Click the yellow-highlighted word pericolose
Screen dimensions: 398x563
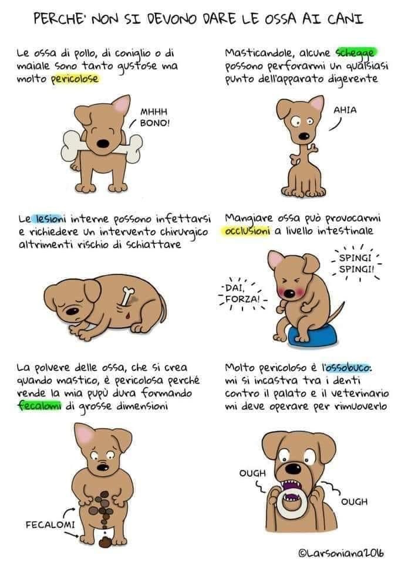pos(75,79)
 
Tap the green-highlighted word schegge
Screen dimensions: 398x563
pos(355,53)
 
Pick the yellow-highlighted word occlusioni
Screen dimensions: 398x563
pos(247,231)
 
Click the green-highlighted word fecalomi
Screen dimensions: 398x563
pos(39,406)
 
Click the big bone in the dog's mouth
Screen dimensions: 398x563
pos(103,147)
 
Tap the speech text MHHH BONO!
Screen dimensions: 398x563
pos(154,117)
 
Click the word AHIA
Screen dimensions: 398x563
pos(345,110)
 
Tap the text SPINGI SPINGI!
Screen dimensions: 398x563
pos(356,263)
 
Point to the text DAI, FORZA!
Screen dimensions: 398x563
pos(242,293)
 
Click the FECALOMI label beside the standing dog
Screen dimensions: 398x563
pos(50,524)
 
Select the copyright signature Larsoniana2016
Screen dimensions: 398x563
pos(341,553)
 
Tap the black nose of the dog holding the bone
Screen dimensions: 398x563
pos(103,144)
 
